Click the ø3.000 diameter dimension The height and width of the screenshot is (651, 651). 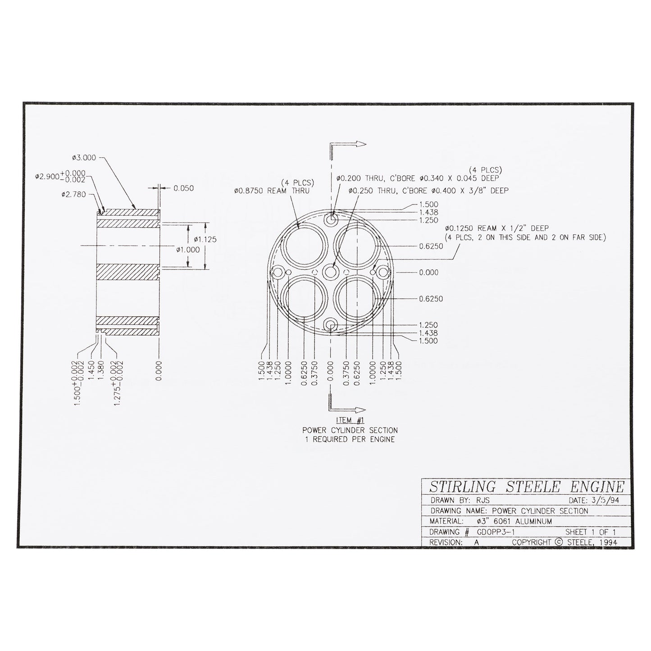(x=84, y=158)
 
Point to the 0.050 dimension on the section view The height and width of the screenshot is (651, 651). (x=184, y=188)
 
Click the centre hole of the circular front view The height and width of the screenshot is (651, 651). (x=331, y=272)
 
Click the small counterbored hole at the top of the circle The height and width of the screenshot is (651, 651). (x=332, y=220)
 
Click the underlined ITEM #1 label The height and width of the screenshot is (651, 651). (x=350, y=420)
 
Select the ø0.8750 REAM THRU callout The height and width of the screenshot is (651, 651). (x=272, y=191)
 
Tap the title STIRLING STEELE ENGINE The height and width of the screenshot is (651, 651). (x=526, y=487)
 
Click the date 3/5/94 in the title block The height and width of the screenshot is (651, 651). (x=606, y=500)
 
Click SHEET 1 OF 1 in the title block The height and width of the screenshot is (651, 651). (x=590, y=532)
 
